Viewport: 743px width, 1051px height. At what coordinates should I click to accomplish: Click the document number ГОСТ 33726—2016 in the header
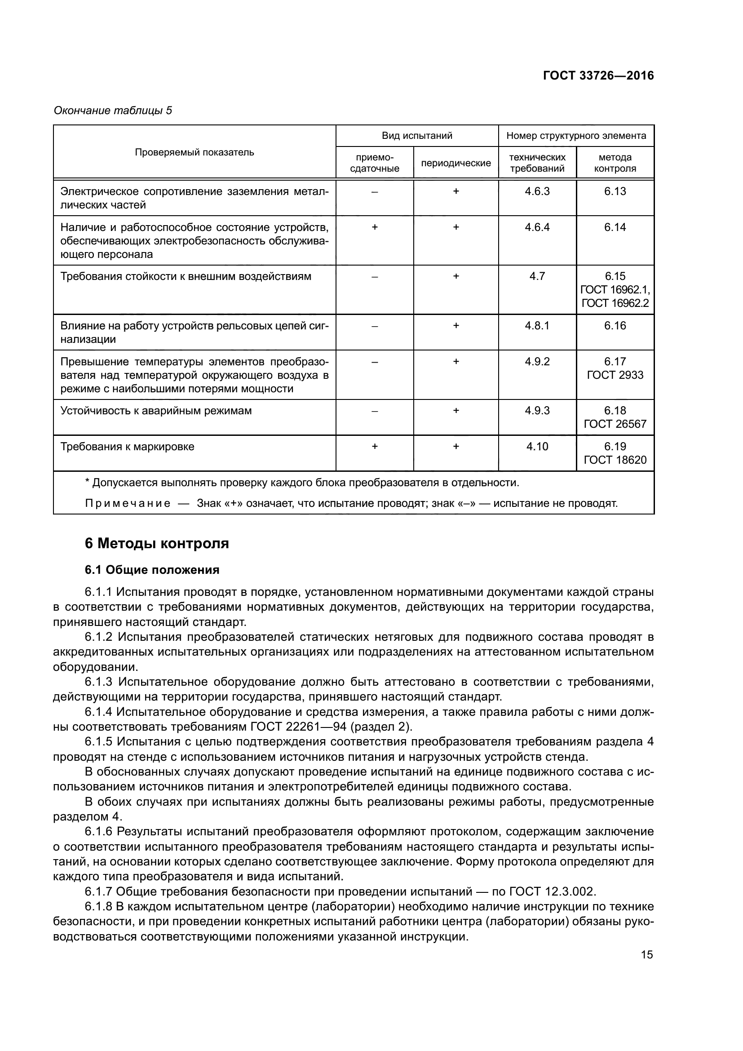[598, 76]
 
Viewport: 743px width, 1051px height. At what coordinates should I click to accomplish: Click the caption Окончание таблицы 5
[113, 111]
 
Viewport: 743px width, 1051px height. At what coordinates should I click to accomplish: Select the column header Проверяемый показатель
[195, 152]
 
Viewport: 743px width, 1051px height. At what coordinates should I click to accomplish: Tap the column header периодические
[456, 164]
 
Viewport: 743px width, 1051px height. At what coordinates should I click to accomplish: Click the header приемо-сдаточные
[374, 163]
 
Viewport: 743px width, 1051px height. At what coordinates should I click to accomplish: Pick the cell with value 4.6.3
[537, 191]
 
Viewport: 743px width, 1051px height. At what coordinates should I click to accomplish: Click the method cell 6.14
[615, 227]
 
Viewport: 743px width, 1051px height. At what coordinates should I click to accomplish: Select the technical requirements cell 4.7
[537, 276]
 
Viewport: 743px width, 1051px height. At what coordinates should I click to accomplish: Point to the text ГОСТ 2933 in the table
[615, 375]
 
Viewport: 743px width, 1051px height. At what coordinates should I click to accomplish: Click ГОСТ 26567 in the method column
[615, 424]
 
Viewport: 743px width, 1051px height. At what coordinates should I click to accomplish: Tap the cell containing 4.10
[537, 447]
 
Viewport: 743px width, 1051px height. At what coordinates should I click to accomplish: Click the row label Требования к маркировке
[128, 447]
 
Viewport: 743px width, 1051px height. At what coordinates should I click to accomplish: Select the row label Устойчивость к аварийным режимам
[156, 411]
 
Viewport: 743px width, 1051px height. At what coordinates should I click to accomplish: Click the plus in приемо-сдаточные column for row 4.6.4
[374, 227]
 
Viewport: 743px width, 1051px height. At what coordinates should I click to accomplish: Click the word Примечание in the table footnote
[128, 504]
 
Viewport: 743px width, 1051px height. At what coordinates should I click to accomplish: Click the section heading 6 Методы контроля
[156, 544]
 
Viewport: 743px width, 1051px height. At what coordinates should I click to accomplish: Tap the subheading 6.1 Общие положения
[152, 570]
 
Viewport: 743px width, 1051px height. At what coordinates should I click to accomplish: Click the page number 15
[647, 955]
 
